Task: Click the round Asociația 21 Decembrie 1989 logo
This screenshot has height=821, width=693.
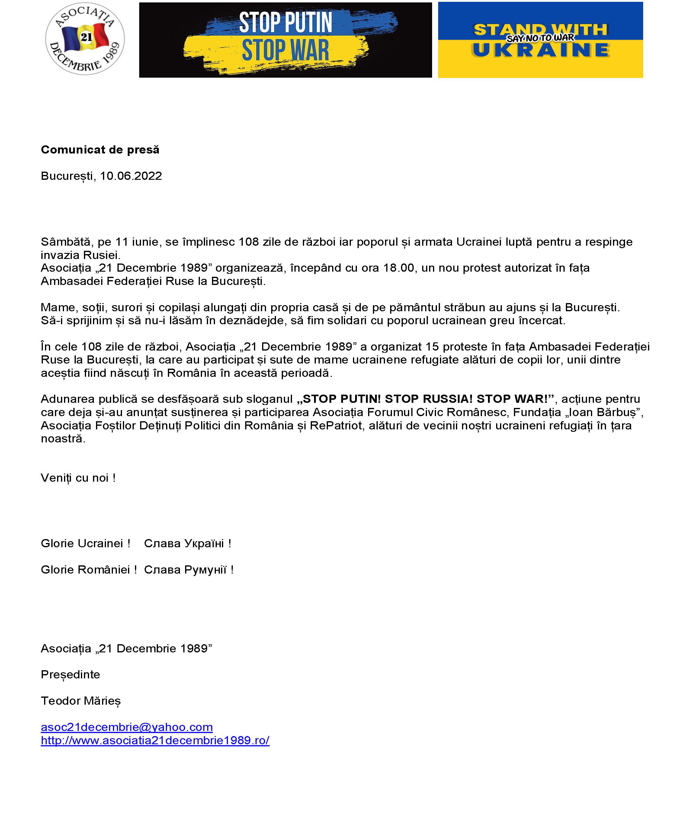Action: [x=85, y=39]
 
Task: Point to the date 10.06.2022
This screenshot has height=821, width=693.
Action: [x=131, y=176]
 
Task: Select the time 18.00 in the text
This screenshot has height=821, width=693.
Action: [x=399, y=268]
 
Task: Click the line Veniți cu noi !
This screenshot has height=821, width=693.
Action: [x=78, y=478]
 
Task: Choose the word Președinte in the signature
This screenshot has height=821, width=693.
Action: [x=70, y=674]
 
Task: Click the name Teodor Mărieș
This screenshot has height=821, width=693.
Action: [x=81, y=701]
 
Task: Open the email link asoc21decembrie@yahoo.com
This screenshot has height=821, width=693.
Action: [x=127, y=727]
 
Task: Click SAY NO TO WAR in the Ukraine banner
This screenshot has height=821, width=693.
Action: [x=540, y=38]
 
